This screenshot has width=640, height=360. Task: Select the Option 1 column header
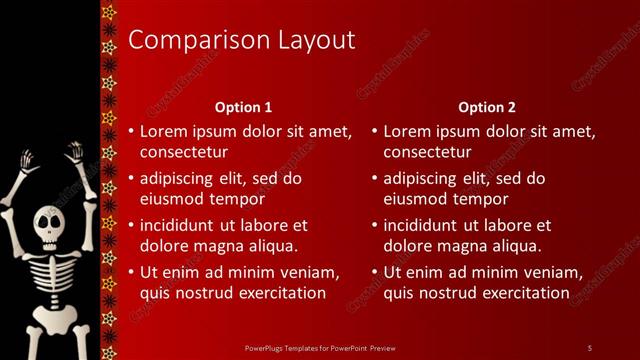(x=244, y=107)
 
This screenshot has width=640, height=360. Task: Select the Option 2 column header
(x=488, y=107)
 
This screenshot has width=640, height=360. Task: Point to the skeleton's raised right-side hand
(x=75, y=151)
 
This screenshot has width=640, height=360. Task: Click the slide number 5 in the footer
(x=589, y=347)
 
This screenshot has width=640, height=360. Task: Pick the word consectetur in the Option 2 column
(x=427, y=153)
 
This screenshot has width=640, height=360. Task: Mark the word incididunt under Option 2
(x=425, y=225)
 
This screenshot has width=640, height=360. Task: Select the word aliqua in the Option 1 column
(x=271, y=246)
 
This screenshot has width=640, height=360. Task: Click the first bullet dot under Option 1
(x=130, y=132)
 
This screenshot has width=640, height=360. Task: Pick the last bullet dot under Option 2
(x=374, y=273)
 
